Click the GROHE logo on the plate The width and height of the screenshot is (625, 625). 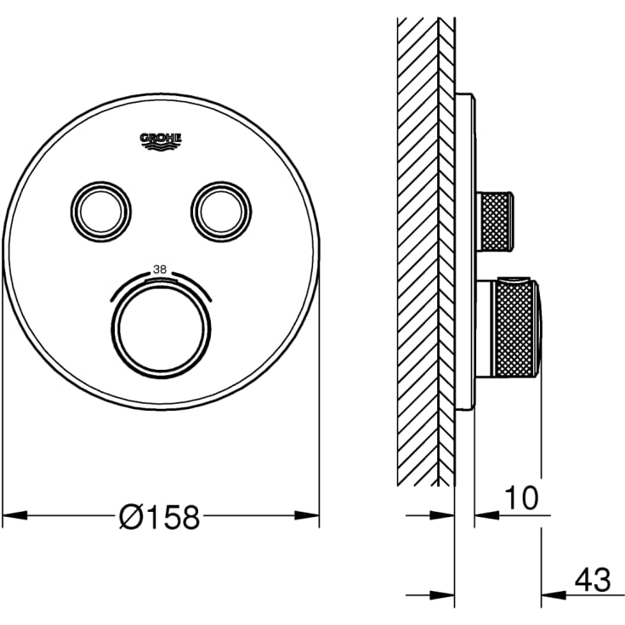(x=161, y=142)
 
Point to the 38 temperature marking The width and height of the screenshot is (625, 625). (x=160, y=270)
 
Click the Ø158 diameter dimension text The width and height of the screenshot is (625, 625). (x=160, y=517)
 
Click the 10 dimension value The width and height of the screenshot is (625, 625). (x=521, y=497)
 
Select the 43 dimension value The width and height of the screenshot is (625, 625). (x=593, y=580)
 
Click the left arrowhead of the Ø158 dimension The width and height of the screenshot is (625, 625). (x=15, y=515)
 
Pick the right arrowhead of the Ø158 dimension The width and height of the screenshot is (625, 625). (x=307, y=515)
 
